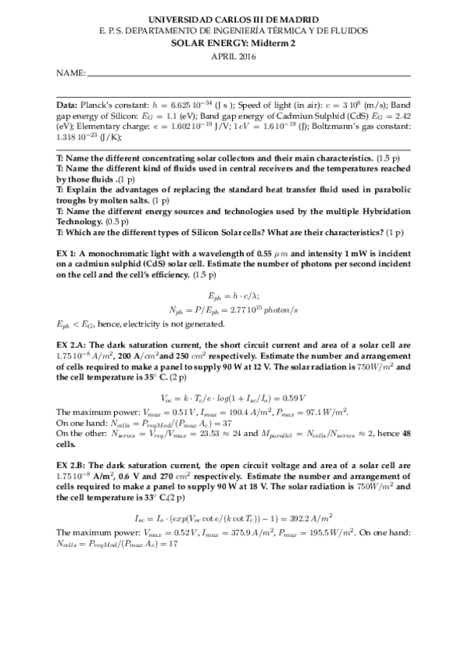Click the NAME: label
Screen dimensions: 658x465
pos(70,74)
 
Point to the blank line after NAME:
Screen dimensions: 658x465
pos(248,75)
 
